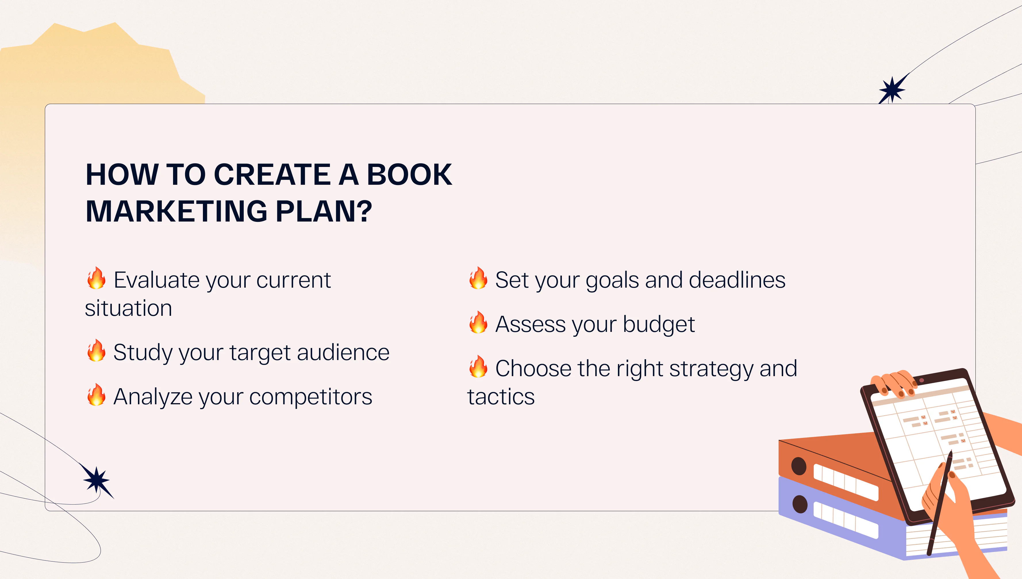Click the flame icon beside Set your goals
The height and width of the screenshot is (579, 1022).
pos(478,278)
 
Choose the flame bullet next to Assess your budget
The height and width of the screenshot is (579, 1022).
pos(478,322)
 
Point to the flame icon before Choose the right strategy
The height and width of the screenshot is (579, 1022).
pos(478,366)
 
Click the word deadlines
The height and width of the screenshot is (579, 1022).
pos(737,280)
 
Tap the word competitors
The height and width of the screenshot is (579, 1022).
pos(311,397)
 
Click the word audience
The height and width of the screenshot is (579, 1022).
pos(343,352)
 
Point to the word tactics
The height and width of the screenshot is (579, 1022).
pos(501,397)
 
